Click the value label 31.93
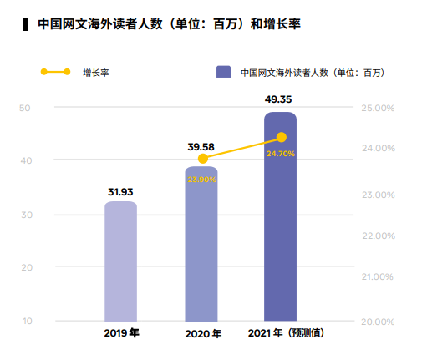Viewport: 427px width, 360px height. point(121,192)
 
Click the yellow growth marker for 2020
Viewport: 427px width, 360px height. point(202,159)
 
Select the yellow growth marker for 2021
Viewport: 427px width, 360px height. point(282,137)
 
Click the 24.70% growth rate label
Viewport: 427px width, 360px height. point(281,154)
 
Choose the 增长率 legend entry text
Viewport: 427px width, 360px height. point(96,73)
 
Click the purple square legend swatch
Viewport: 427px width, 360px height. point(223,73)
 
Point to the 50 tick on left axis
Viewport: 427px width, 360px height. point(25,108)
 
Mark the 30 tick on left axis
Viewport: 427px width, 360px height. point(25,215)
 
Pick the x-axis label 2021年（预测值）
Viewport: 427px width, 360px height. point(286,334)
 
